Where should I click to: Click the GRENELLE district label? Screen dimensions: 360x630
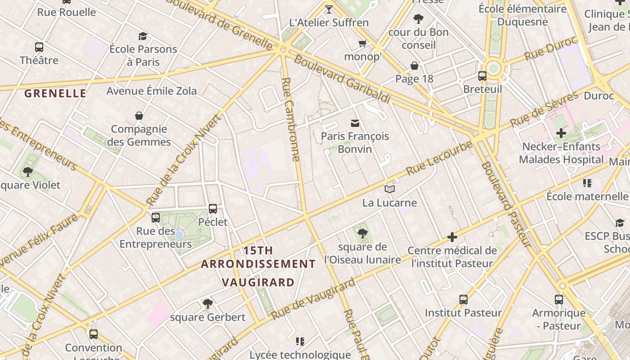click(x=55, y=94)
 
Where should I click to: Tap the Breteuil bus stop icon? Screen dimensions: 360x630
click(x=482, y=76)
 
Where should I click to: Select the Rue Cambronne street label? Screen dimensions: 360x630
click(x=290, y=119)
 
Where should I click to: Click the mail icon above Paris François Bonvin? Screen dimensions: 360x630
click(x=355, y=123)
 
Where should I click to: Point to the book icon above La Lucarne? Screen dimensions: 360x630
click(x=390, y=189)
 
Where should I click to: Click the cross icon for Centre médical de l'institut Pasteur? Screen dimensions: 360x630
click(x=452, y=237)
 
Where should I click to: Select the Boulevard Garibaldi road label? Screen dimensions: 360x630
click(x=342, y=79)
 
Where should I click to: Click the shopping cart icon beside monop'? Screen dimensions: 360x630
click(x=363, y=44)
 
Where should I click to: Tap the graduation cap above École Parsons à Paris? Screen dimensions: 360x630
click(x=143, y=36)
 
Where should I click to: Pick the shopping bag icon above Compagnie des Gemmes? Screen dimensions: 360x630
click(x=139, y=116)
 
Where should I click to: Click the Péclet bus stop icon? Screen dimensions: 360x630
click(x=213, y=209)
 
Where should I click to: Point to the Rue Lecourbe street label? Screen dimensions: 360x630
click(x=439, y=158)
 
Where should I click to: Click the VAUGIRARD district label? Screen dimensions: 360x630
click(x=258, y=283)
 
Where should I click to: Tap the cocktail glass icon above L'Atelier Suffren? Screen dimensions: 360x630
click(x=329, y=9)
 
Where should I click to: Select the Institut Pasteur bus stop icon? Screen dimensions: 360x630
click(x=463, y=300)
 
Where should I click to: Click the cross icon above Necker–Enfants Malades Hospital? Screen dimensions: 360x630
click(x=561, y=134)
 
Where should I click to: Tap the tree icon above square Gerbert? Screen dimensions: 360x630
click(x=207, y=304)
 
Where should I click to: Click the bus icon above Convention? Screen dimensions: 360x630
click(x=94, y=334)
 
